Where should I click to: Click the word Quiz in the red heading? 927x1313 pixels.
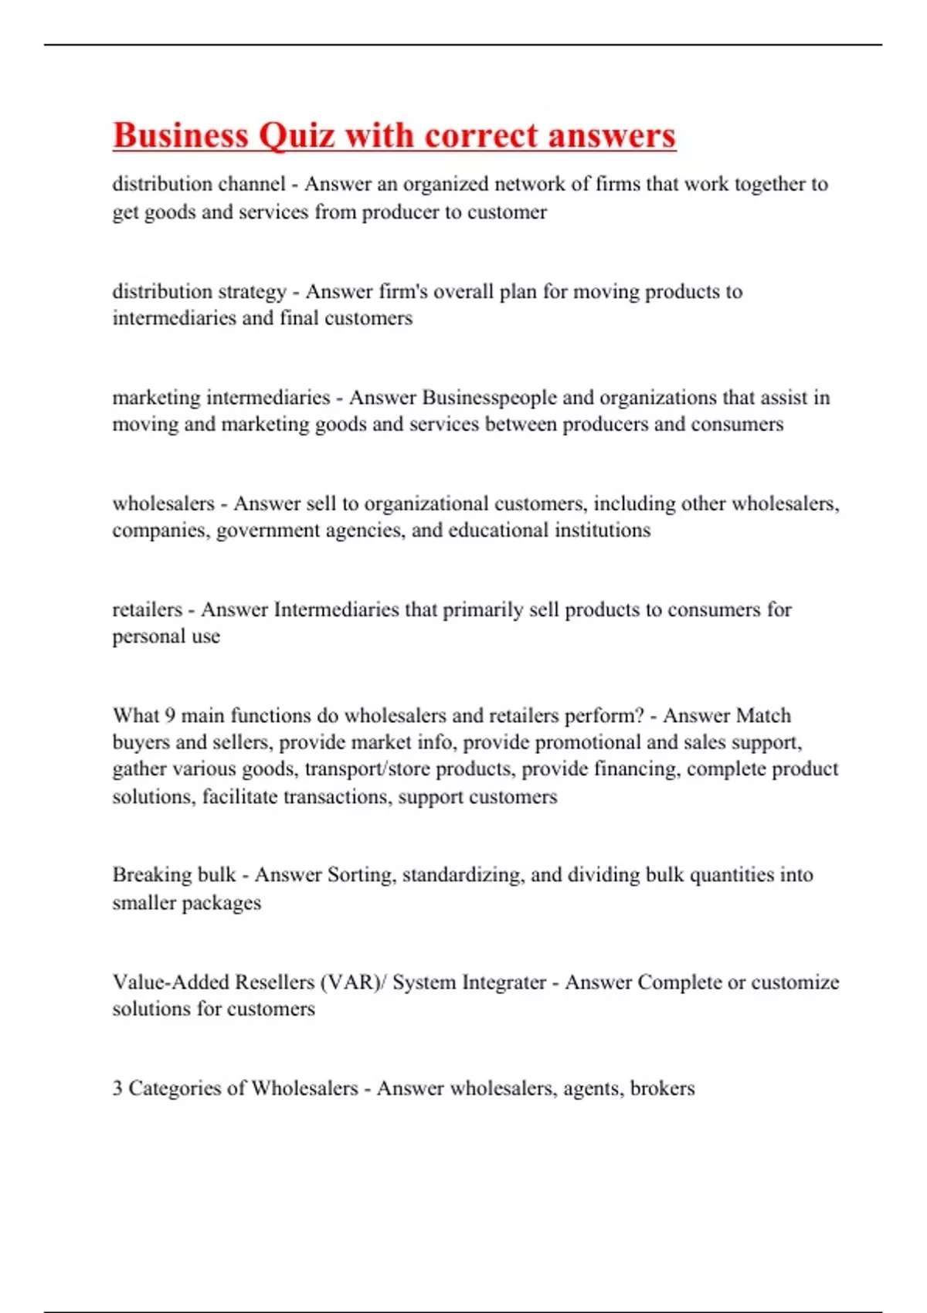click(x=296, y=136)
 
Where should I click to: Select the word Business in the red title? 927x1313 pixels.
click(x=181, y=136)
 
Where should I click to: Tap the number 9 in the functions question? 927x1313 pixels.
click(x=170, y=715)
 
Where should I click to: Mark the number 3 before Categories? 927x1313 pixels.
click(x=117, y=1088)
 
